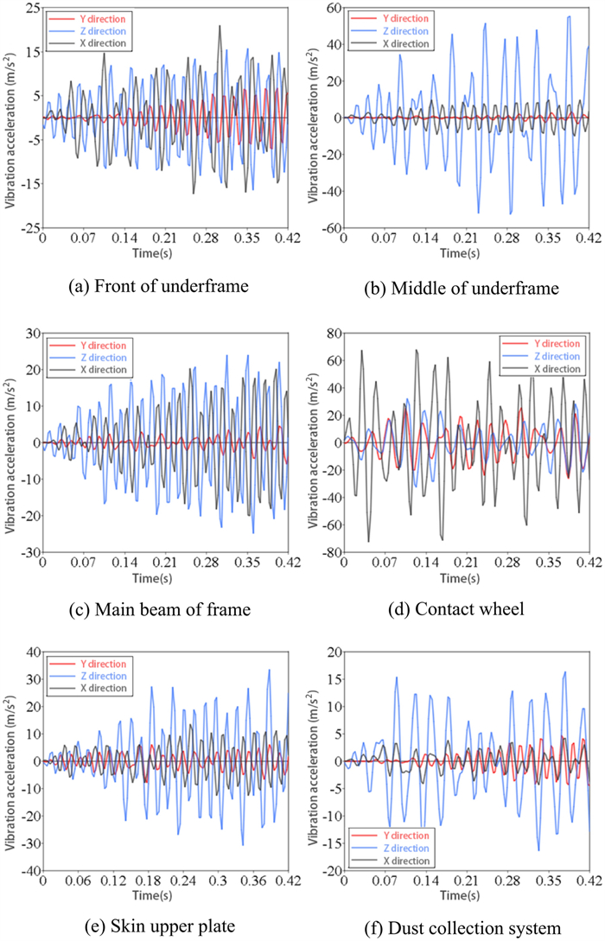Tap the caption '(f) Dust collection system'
(454, 925)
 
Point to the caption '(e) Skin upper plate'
(150, 925)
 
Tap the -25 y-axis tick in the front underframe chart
(28, 228)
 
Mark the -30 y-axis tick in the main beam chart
(28, 552)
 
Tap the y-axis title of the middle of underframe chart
(312, 118)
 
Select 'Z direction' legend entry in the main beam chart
(99, 357)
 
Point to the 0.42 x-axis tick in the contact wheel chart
(589, 560)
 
